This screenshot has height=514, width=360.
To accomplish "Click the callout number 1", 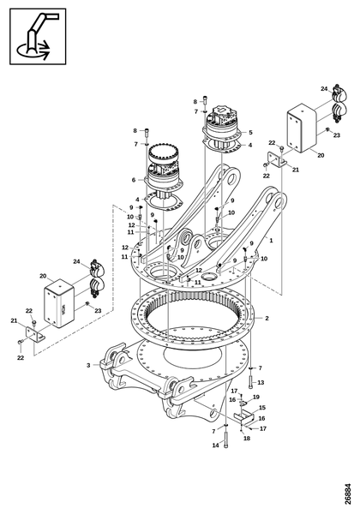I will [273, 242].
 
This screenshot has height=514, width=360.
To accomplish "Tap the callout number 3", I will [87, 365].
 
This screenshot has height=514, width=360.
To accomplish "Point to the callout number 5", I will [249, 132].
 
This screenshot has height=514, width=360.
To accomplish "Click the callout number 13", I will [261, 382].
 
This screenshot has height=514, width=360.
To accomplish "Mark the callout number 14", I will [215, 445].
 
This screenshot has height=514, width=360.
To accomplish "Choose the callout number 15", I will [262, 408].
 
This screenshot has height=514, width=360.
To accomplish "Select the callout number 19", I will [255, 397].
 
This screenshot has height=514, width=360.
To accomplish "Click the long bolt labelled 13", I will [250, 372].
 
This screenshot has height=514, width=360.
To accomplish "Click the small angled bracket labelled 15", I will [245, 417].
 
